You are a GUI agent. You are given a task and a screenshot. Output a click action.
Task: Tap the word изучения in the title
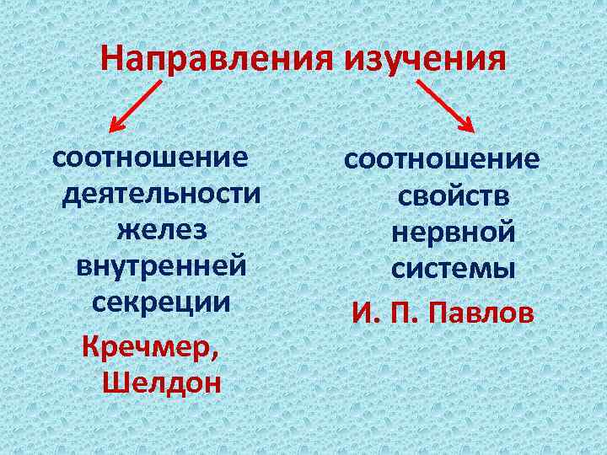pyautogui.click(x=426, y=59)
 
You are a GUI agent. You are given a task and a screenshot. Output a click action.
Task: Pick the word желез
pyautogui.click(x=162, y=230)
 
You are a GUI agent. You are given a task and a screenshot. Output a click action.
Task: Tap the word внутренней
pyautogui.click(x=162, y=266)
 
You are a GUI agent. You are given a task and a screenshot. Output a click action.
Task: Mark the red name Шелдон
pyautogui.click(x=161, y=383)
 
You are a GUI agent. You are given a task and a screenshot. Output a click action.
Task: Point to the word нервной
pyautogui.click(x=454, y=233)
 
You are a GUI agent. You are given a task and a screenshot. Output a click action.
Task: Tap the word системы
pyautogui.click(x=454, y=269)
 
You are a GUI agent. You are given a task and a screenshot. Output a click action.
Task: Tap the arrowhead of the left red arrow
pyautogui.click(x=115, y=127)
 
